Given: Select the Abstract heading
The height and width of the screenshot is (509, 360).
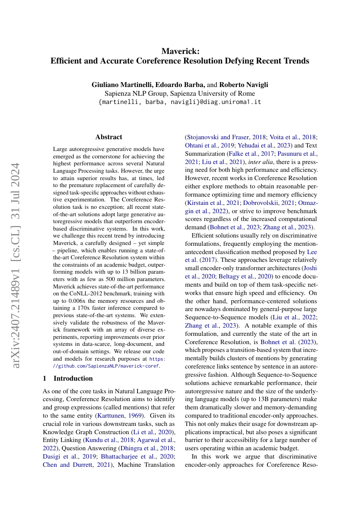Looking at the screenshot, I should [109, 137].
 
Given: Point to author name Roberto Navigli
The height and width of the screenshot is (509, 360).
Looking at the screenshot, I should [243, 84].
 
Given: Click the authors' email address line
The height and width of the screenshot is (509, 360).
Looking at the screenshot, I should [180, 102].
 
